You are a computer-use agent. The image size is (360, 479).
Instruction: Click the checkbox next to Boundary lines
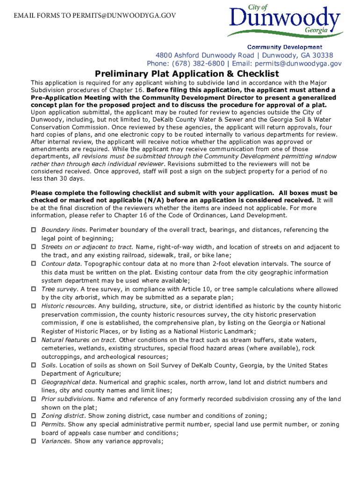click(x=34, y=230)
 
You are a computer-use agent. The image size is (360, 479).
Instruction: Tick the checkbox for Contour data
click(x=34, y=264)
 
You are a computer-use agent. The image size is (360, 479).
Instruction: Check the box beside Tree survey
click(x=34, y=290)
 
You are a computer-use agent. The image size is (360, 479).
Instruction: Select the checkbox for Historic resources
click(x=34, y=306)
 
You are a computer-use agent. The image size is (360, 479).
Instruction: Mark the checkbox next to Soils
click(x=34, y=365)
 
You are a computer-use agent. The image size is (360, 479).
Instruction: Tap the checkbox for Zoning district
click(x=34, y=416)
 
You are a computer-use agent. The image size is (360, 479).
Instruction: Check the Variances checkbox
click(x=34, y=441)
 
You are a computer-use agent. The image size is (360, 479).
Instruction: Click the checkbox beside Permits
click(x=34, y=424)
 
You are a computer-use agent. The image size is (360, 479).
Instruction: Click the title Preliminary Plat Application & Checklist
click(x=187, y=74)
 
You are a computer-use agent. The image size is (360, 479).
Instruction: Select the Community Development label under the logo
click(x=284, y=47)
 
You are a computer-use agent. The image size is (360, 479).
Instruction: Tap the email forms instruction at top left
click(x=95, y=15)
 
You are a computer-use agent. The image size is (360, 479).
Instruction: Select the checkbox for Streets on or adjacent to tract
click(x=34, y=247)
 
